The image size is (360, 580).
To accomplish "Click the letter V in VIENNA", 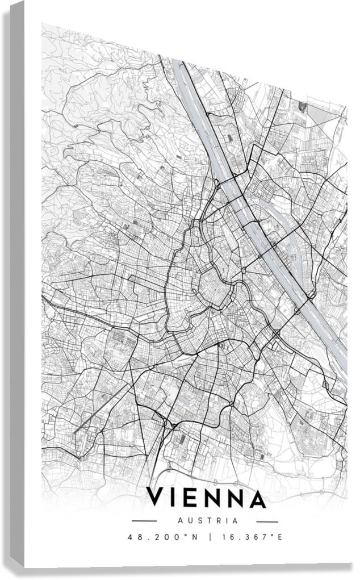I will point(156,498).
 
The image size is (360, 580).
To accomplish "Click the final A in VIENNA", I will point(258,498).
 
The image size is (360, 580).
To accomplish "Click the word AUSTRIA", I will point(207,520).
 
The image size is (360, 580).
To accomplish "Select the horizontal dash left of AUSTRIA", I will point(144,521).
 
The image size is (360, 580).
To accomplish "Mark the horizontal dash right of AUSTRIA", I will point(267,521).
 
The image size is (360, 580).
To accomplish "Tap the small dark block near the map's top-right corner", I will point(302,106).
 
